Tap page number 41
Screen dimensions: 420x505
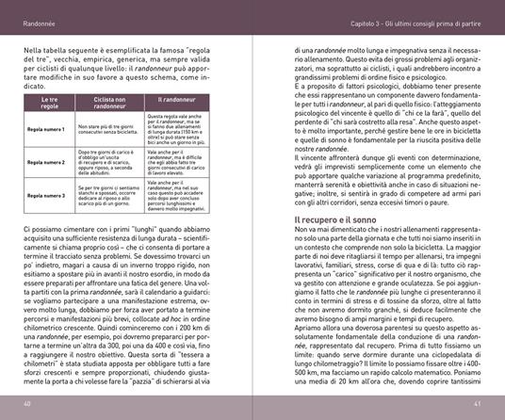coord(479,405)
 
